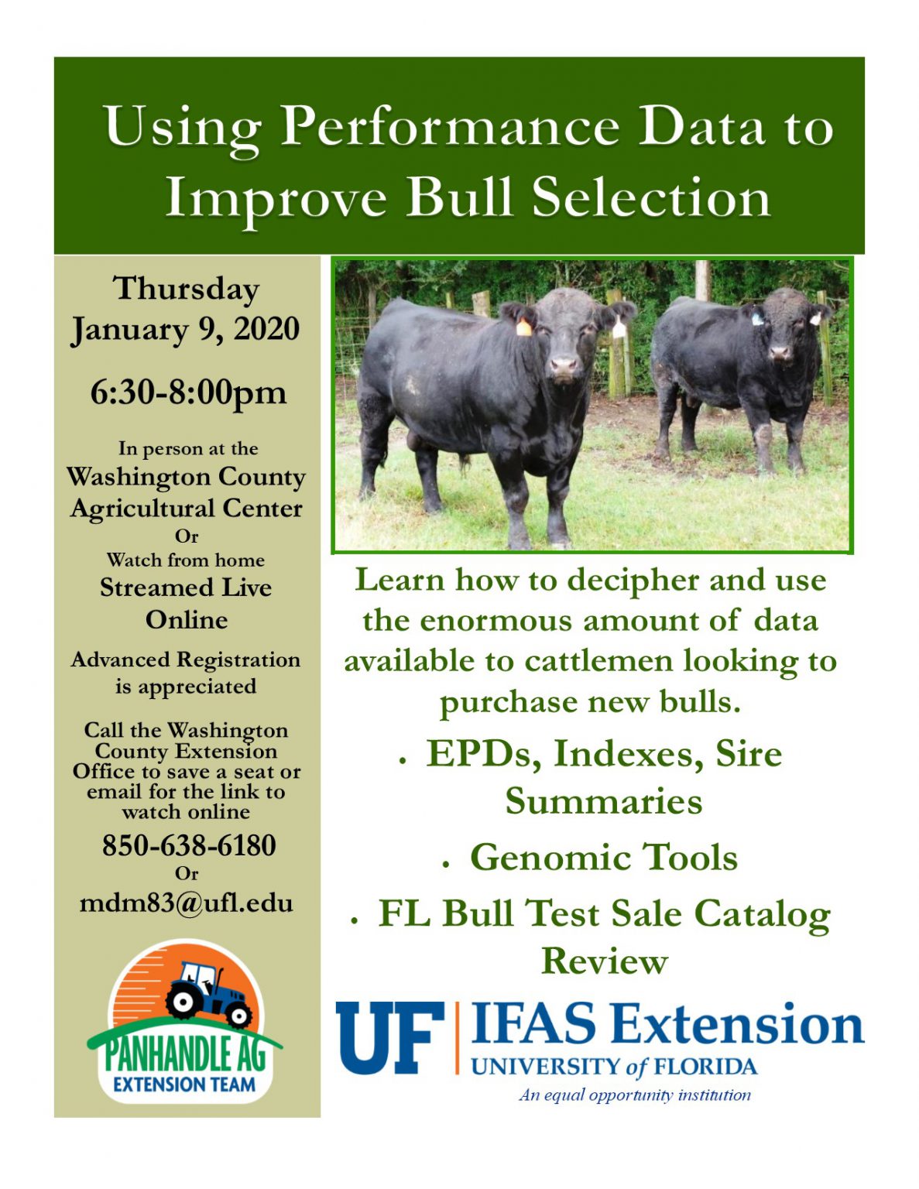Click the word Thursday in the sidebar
tap(187, 289)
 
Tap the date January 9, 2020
tap(185, 329)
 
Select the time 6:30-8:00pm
tap(188, 392)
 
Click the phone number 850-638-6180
tap(189, 845)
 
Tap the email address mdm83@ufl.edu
tap(187, 903)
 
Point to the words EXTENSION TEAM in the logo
tap(184, 1084)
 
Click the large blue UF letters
tap(389, 1037)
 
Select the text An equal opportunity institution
tap(635, 1095)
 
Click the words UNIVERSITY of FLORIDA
tap(614, 1067)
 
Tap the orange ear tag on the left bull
tap(524, 327)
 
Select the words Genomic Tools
tap(604, 858)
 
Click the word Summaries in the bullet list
tap(604, 801)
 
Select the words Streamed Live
tap(186, 588)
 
